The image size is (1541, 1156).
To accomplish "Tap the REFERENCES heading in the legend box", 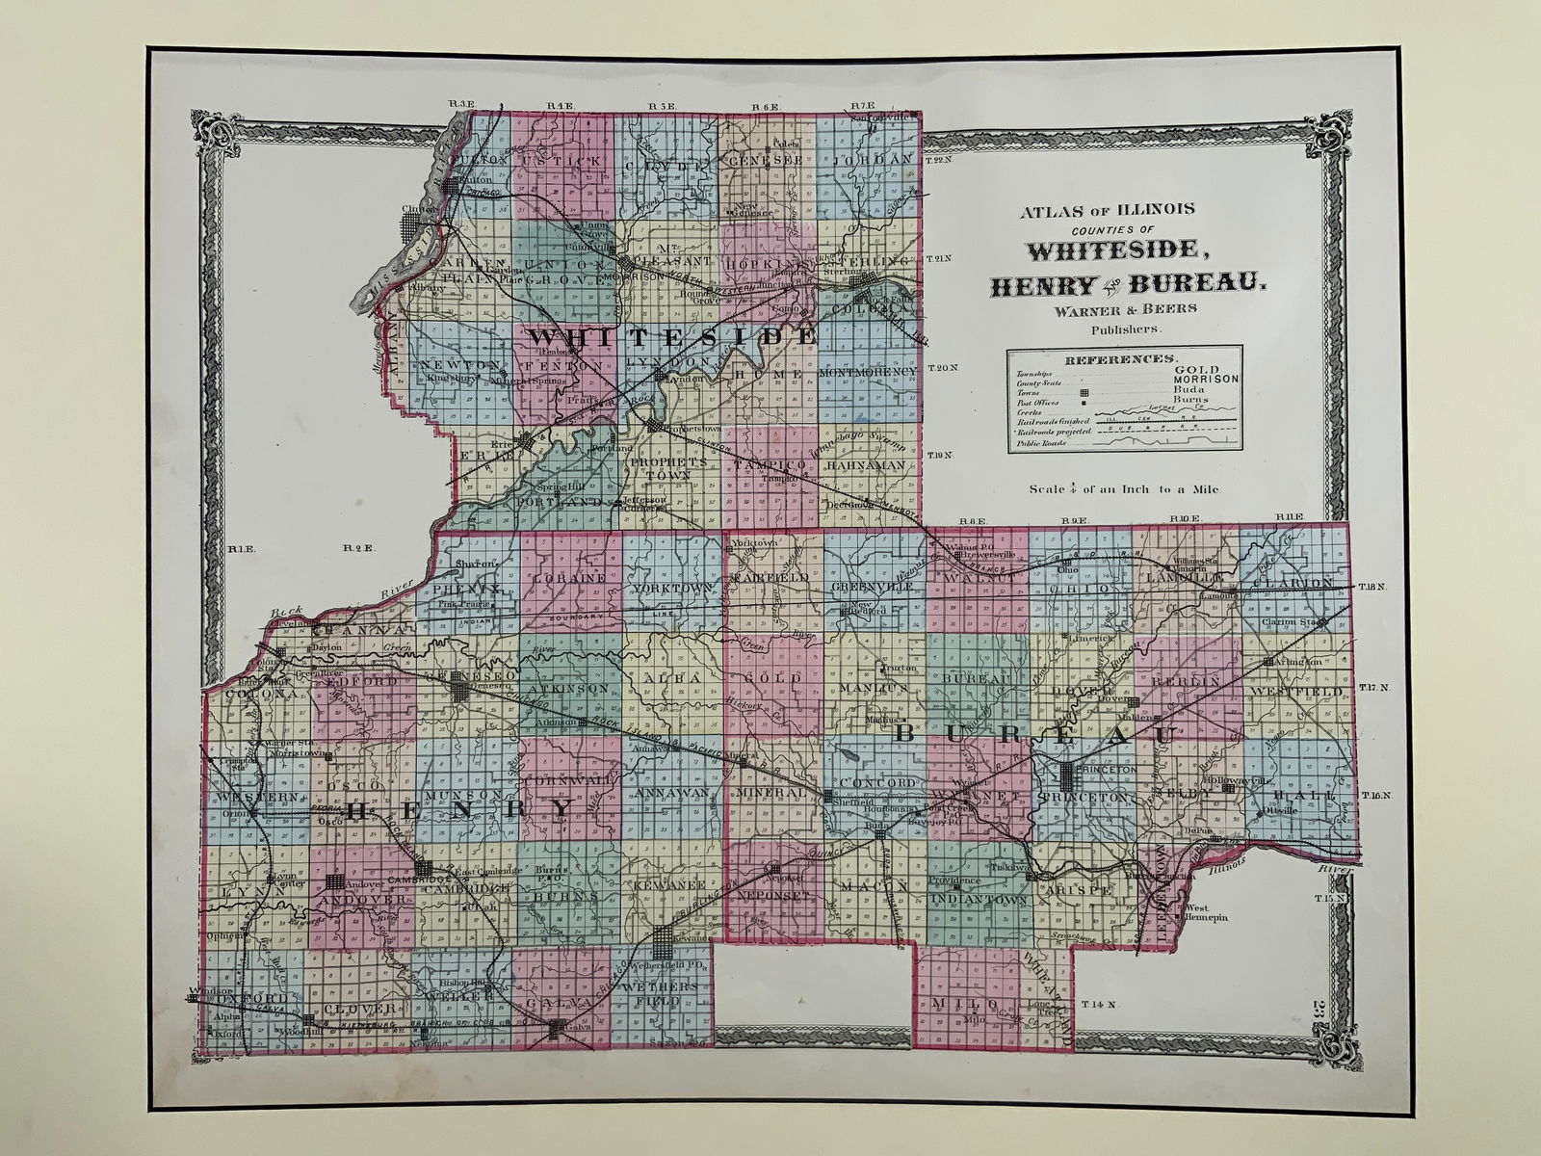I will pos(1123,357).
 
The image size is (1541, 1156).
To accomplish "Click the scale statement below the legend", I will pos(1123,489).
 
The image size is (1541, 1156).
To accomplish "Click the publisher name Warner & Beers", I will pos(1127,308).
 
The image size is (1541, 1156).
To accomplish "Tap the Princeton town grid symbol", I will pos(1069,773).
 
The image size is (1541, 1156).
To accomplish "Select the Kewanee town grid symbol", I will pos(665,934).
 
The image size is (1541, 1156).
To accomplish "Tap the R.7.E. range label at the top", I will pos(862,105).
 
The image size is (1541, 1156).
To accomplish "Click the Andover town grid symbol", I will pos(335,880).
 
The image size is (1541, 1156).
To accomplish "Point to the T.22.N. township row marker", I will pos(940,160).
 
